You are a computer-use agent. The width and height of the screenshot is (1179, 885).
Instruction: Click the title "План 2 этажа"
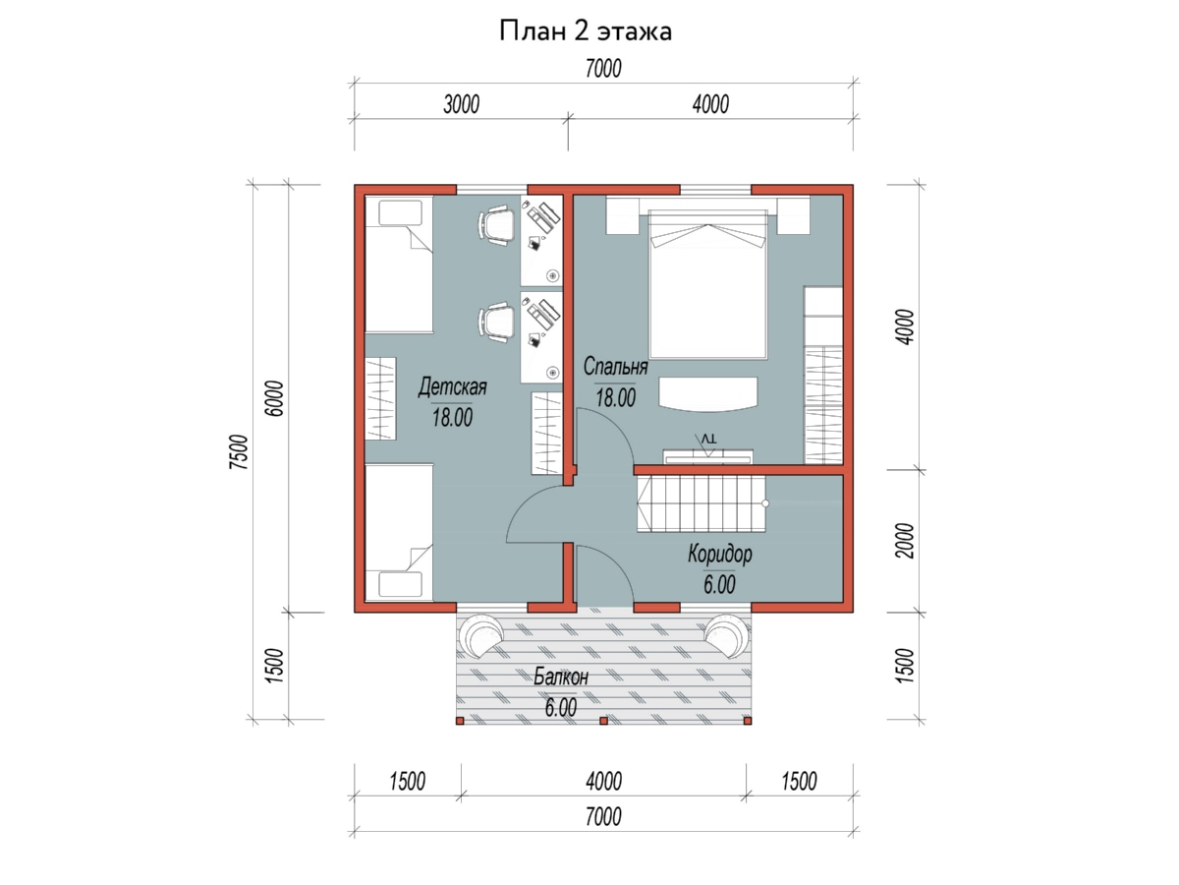coord(585,31)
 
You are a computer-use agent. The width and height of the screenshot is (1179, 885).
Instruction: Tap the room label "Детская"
coord(452,387)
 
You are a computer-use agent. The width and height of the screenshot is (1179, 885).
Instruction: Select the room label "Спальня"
coord(616,367)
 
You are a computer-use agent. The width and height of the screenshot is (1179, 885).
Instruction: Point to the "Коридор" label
coord(720,554)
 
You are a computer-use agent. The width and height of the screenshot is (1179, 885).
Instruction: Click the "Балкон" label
coord(561,678)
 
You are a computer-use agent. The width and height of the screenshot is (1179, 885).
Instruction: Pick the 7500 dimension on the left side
coord(239,452)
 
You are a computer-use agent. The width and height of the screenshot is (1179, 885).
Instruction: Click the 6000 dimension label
coord(274,398)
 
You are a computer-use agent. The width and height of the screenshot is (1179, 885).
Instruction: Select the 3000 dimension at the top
coord(461,104)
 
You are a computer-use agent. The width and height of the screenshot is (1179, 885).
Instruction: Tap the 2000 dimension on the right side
coord(905,541)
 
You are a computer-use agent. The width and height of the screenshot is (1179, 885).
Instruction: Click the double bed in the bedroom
coord(708,284)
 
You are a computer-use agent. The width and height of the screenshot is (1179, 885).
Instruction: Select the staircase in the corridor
coord(701,504)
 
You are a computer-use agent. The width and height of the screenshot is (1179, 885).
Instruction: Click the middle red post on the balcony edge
coord(603,721)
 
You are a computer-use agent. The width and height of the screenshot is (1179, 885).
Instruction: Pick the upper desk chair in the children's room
coord(496,225)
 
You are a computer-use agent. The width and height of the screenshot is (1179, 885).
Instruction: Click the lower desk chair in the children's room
coord(496,322)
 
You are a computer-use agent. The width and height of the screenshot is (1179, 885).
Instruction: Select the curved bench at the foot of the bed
coord(708,394)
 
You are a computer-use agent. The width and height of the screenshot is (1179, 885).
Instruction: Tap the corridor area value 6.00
coord(719,584)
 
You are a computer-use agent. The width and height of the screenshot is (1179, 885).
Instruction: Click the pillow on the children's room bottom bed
coord(400,584)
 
